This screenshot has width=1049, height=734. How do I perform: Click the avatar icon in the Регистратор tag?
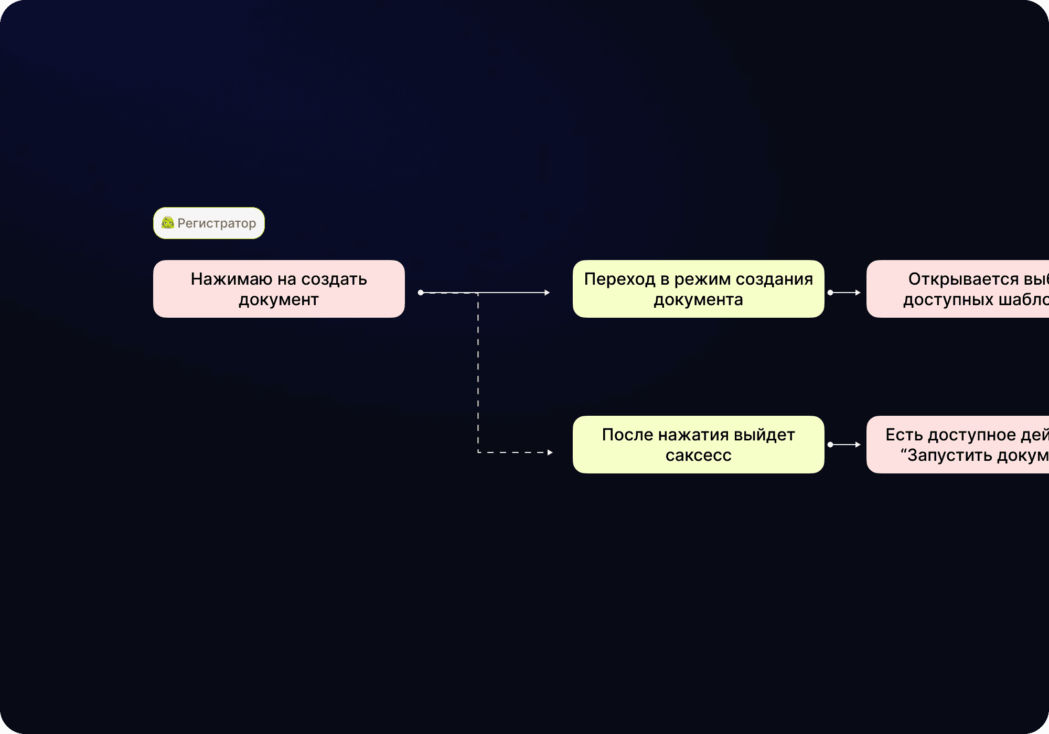tap(168, 223)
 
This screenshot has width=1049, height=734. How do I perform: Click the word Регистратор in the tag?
tap(217, 223)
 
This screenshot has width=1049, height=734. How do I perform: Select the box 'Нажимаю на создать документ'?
tap(279, 289)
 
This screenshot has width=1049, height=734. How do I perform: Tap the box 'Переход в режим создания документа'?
tap(698, 289)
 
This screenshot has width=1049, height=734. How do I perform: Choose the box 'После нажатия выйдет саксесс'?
tap(698, 445)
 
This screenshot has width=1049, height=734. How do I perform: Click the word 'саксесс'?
tap(698, 455)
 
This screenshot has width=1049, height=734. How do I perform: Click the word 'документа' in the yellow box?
tap(698, 300)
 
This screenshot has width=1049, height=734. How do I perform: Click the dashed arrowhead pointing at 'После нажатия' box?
tap(550, 452)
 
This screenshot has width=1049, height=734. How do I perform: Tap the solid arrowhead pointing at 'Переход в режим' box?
tap(547, 293)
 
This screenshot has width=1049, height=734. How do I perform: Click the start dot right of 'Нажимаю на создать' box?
tap(421, 293)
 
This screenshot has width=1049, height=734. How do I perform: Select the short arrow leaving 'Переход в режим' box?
tap(844, 293)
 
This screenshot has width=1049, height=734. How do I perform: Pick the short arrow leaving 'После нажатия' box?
tap(844, 445)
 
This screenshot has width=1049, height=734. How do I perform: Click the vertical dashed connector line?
tap(478, 372)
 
